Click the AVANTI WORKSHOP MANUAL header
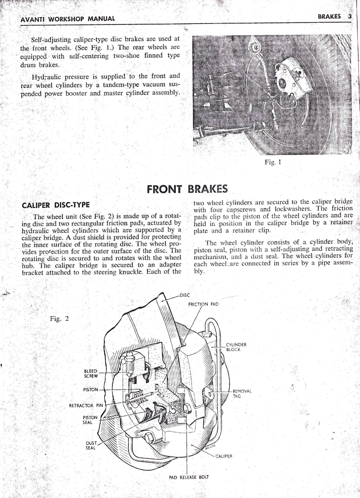tap(68, 18)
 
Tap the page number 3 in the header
tap(350, 16)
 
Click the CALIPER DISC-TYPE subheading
tap(55, 205)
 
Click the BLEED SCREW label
tap(91, 373)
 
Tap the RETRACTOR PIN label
tap(86, 406)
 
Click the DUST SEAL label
tap(90, 445)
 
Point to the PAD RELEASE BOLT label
tap(189, 477)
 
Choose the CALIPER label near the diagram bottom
tap(224, 456)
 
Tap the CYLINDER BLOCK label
tap(236, 347)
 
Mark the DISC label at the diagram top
tap(185, 295)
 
